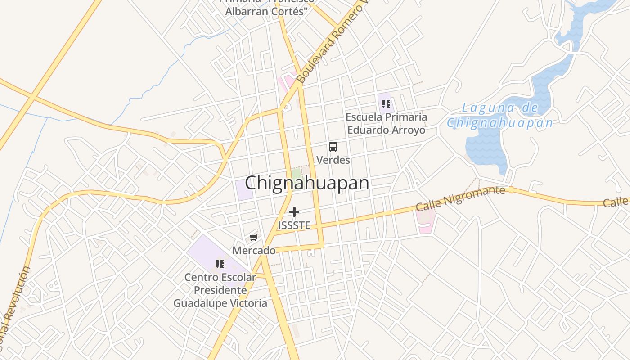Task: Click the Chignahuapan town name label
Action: click(x=307, y=183)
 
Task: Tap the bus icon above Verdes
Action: click(x=333, y=147)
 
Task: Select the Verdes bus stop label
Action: click(x=333, y=160)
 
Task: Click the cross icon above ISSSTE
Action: click(x=294, y=212)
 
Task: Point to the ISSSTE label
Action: click(x=294, y=225)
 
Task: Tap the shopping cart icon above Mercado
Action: click(x=254, y=237)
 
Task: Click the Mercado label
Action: click(x=254, y=250)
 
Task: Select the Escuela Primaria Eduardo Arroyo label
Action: click(x=386, y=124)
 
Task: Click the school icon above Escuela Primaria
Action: click(x=386, y=104)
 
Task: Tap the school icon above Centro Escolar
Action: click(x=220, y=264)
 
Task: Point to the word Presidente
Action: click(x=220, y=290)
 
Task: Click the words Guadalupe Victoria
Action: click(x=220, y=303)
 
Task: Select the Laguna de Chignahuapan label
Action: click(x=499, y=115)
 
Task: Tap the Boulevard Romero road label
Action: click(x=331, y=43)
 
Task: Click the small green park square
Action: click(x=296, y=173)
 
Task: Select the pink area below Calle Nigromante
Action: click(x=426, y=220)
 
